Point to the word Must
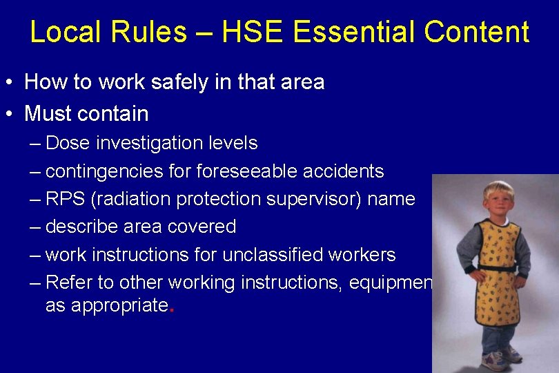pos(47,113)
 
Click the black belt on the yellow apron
pos(497,267)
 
